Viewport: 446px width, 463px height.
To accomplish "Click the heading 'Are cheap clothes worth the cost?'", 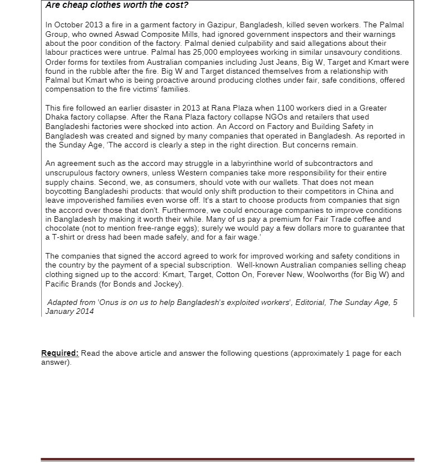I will (x=117, y=6).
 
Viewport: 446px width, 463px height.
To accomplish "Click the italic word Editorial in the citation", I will (x=309, y=303).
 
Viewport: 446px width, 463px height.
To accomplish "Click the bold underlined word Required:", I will (x=60, y=354).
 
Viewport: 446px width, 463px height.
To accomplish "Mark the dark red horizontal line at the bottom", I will (x=227, y=460).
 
